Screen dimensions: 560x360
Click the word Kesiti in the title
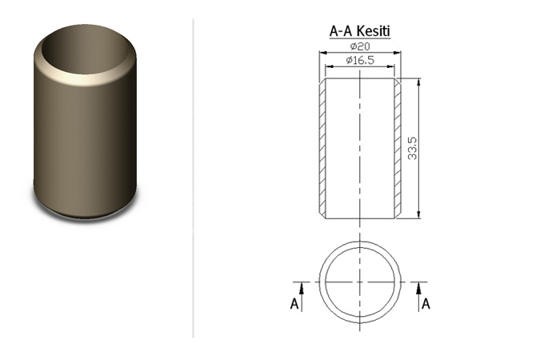pos(374,30)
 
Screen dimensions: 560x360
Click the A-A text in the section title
pos(342,31)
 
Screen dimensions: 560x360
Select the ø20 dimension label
pos(360,46)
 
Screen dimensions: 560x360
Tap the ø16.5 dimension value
pos(360,60)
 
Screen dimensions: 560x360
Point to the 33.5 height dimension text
pos(412,148)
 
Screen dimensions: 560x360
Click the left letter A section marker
pos(294,304)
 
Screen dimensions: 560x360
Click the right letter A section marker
pos(426,304)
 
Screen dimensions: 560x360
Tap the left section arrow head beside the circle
pos(302,288)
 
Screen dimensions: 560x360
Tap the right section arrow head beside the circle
pos(418,288)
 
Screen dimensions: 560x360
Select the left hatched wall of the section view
pos(322,148)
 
